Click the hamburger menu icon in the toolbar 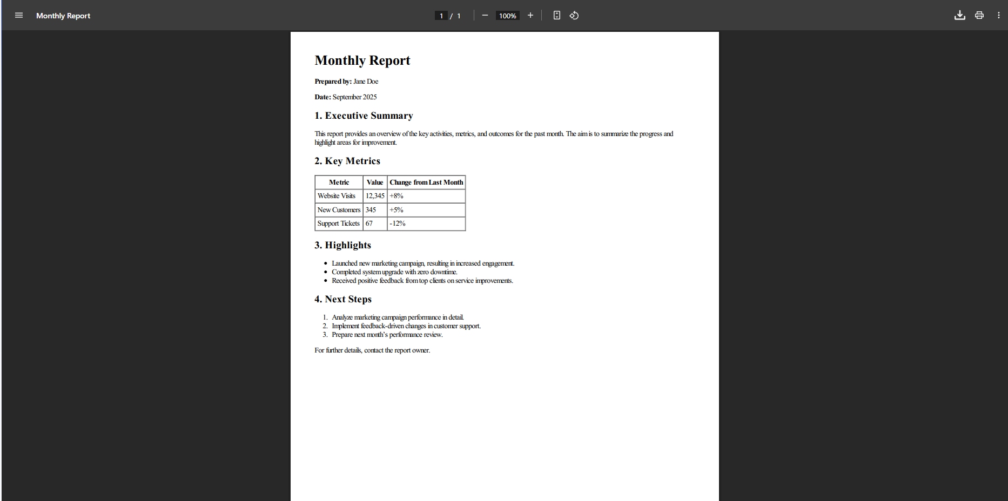point(19,15)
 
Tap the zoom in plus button point(530,15)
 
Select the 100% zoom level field point(507,16)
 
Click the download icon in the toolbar point(959,15)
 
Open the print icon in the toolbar point(979,15)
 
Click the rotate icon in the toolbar point(574,15)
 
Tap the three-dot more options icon point(998,15)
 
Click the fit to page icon point(556,15)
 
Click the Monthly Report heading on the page point(362,60)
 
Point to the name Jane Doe point(366,82)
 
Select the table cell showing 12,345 point(375,196)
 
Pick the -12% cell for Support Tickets point(398,224)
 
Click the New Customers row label point(339,210)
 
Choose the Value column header point(375,182)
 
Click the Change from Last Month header point(426,182)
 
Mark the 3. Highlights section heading point(342,245)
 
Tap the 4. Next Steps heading point(343,299)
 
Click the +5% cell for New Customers point(397,210)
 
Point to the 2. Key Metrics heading point(347,161)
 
